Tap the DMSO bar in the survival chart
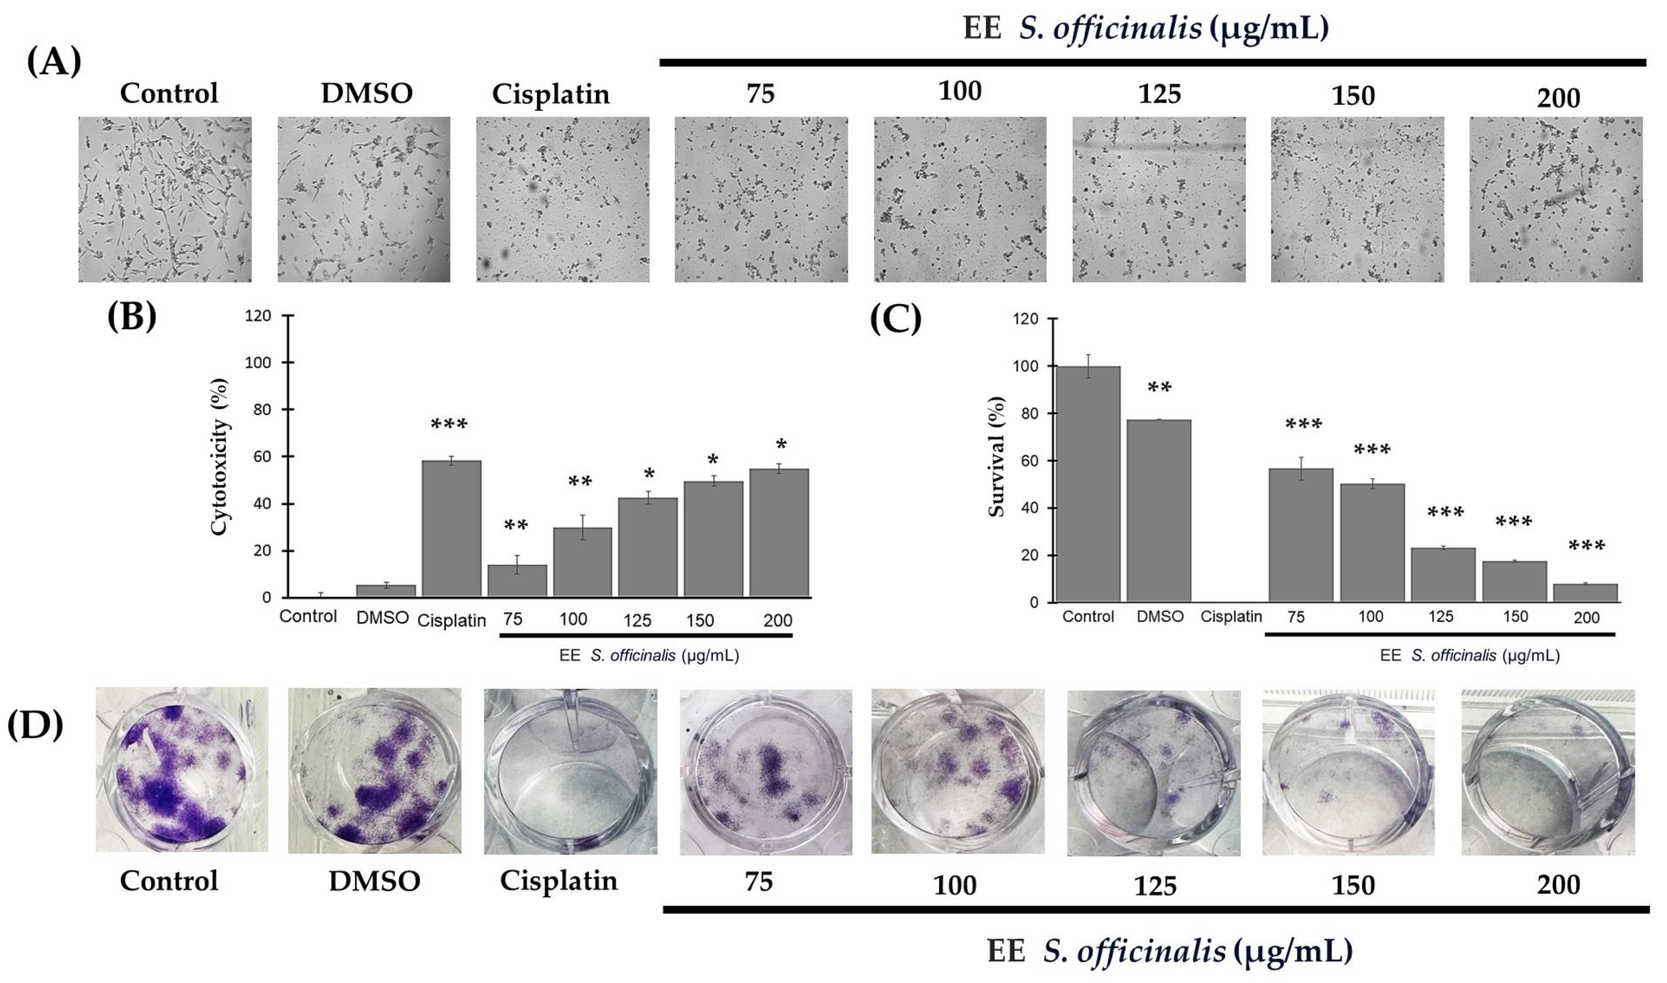point(1159,510)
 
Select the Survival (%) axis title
point(997,457)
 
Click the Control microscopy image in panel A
point(165,199)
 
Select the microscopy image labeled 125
point(1159,199)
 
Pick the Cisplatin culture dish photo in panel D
point(571,772)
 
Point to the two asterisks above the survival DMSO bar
point(1159,387)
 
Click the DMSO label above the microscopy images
point(366,93)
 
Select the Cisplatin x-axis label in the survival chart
point(1231,617)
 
